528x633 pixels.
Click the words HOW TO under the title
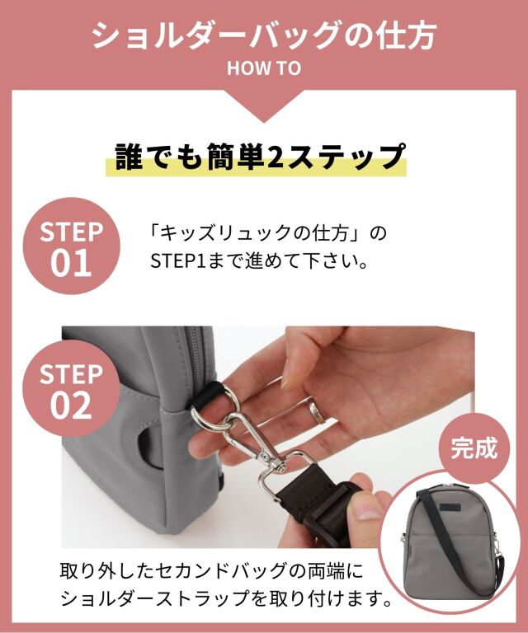(x=264, y=68)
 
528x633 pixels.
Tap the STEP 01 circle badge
(x=71, y=246)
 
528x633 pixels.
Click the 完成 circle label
(x=474, y=448)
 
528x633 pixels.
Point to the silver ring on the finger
(x=317, y=410)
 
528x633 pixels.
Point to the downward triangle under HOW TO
(x=264, y=106)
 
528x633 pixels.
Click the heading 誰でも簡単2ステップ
(x=260, y=157)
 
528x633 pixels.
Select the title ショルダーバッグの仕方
(x=264, y=35)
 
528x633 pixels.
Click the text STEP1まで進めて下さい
(x=259, y=261)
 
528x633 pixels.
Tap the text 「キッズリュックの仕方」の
(x=268, y=234)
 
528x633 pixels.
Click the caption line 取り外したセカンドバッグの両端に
(x=212, y=571)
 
